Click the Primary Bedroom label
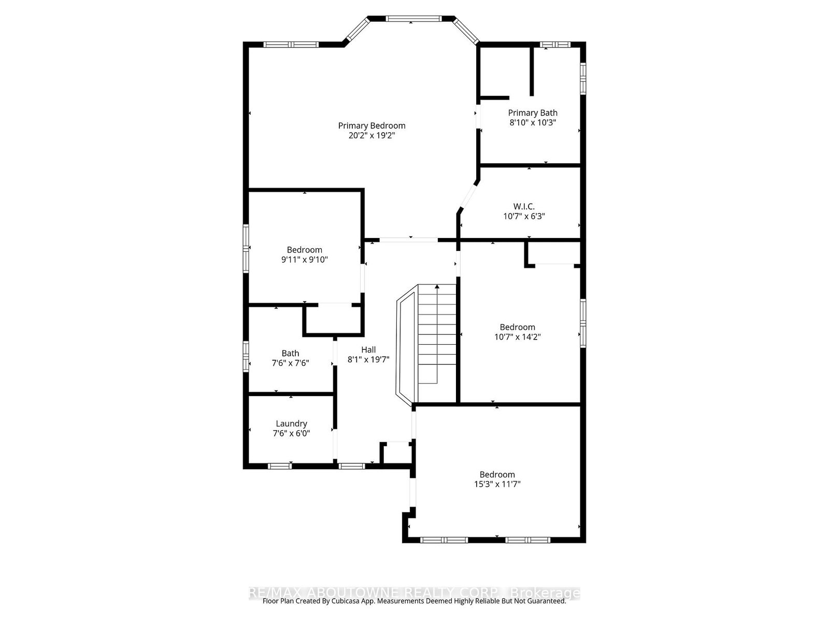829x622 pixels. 371,125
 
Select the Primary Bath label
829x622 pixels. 533,112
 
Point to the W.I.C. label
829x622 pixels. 524,206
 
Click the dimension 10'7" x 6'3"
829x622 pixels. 524,216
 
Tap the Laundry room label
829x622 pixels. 291,423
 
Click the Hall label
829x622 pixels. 368,349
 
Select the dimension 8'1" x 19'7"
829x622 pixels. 368,359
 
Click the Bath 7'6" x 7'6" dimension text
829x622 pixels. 291,363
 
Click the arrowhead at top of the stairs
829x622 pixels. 437,286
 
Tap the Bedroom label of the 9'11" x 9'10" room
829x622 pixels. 305,250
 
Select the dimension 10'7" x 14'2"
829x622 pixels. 518,336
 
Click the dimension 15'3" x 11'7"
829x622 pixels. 497,484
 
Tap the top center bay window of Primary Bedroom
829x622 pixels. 412,19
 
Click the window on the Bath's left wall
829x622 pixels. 247,356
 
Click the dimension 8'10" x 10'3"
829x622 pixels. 533,122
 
